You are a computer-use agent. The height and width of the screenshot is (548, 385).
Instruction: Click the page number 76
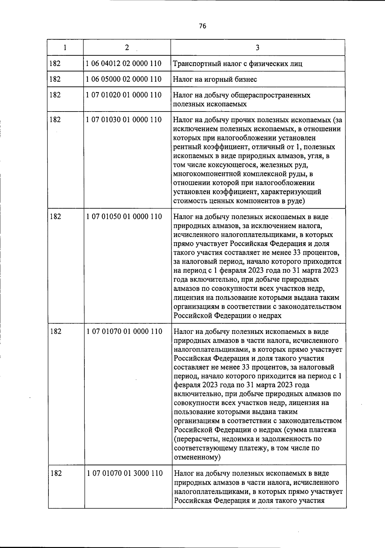(202, 26)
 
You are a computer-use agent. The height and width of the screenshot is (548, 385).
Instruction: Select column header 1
(65, 47)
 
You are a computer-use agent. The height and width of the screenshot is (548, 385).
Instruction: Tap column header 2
(127, 47)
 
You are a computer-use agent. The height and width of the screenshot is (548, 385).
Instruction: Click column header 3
(257, 48)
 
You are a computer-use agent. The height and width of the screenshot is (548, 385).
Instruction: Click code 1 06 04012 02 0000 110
(124, 63)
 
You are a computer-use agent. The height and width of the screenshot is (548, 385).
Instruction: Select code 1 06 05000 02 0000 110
(124, 79)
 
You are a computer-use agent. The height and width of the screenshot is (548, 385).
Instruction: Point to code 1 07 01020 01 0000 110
(124, 95)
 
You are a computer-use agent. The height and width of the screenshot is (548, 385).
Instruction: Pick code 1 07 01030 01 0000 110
(124, 120)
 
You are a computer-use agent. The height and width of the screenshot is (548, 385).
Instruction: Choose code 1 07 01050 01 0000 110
(124, 217)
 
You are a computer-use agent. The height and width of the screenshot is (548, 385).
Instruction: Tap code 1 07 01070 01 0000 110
(124, 331)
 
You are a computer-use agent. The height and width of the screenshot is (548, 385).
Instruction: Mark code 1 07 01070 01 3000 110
(124, 473)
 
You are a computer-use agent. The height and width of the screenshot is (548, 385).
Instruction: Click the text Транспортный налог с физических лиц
(237, 64)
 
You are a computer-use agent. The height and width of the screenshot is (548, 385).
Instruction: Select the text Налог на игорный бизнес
(215, 79)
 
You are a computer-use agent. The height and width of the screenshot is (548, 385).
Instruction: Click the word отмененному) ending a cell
(197, 457)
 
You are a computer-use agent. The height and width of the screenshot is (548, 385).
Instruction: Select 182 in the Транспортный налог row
(55, 63)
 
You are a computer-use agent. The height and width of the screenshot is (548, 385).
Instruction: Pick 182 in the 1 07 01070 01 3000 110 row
(56, 473)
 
